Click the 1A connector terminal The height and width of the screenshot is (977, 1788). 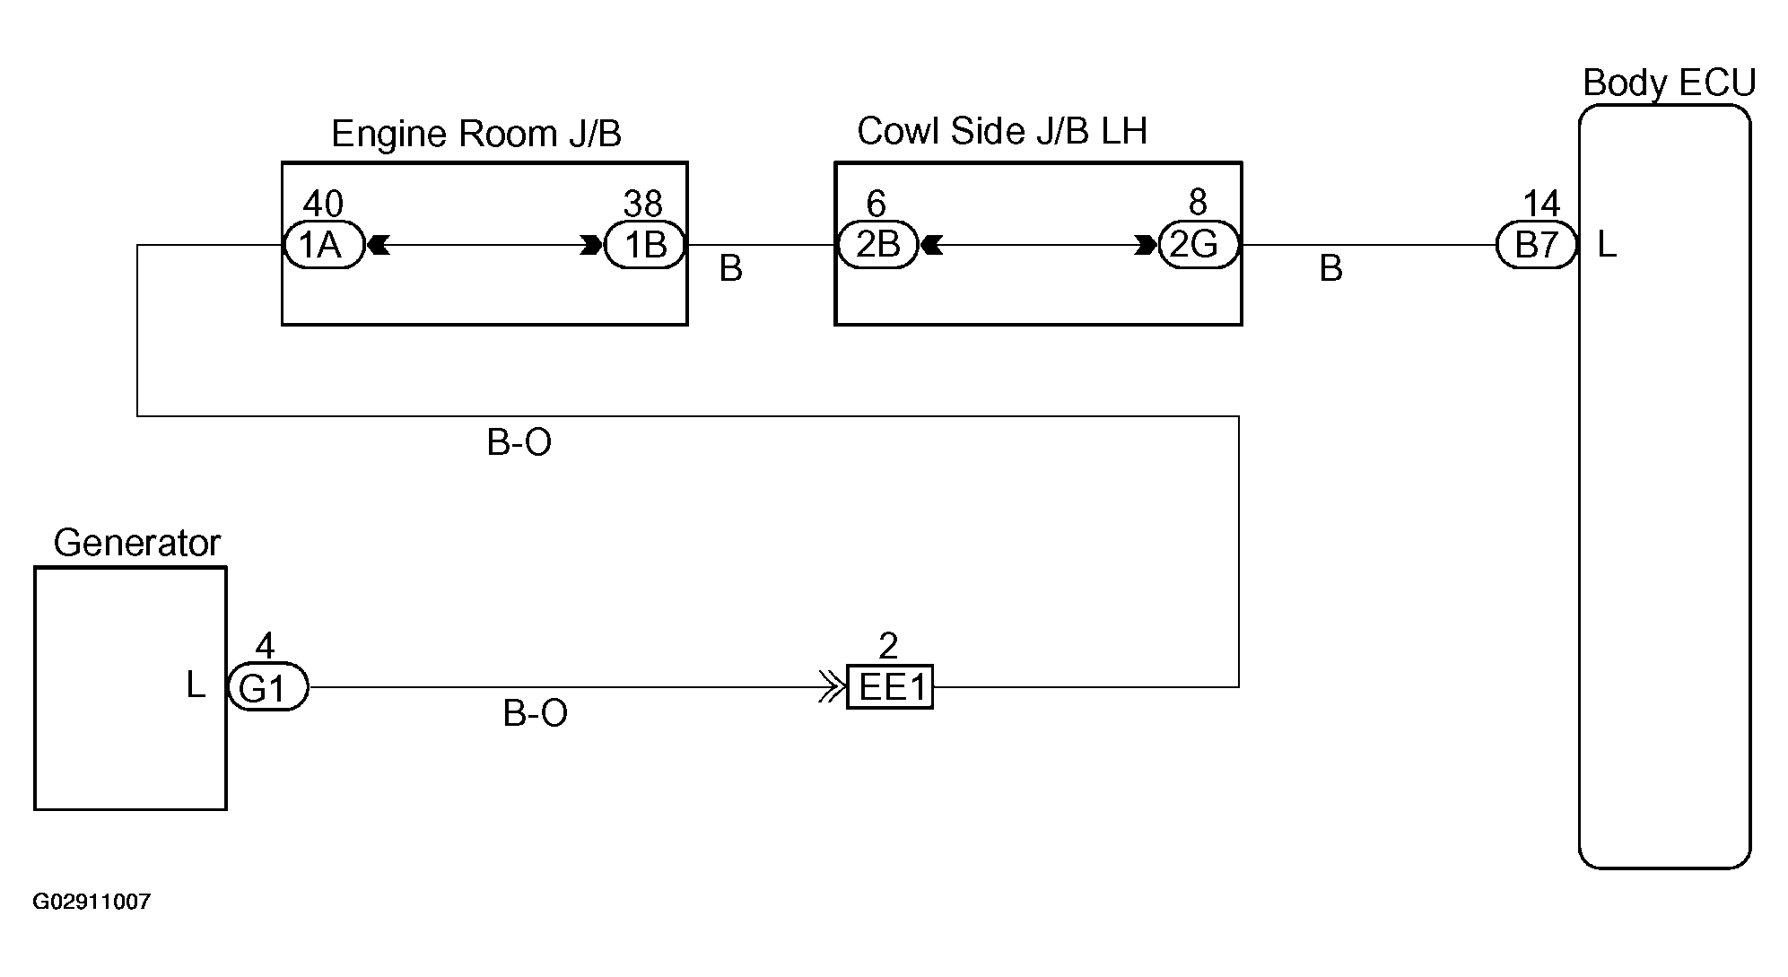click(x=324, y=245)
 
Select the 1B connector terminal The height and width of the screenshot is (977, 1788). click(x=645, y=245)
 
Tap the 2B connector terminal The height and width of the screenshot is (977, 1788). click(x=877, y=245)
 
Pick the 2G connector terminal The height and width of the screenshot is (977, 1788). click(x=1199, y=245)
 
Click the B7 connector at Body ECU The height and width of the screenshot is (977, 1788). click(x=1537, y=245)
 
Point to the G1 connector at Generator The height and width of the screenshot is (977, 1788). click(x=267, y=688)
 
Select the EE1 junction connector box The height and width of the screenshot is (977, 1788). click(x=890, y=688)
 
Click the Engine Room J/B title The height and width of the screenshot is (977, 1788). click(x=476, y=134)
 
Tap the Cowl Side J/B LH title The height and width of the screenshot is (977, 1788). click(x=1002, y=131)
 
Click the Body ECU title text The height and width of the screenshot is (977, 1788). click(x=1669, y=83)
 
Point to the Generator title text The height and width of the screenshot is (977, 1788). click(x=136, y=543)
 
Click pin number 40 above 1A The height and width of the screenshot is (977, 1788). click(x=323, y=204)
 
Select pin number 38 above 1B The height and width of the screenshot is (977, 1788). click(x=643, y=204)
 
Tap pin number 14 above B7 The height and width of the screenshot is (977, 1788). click(x=1541, y=204)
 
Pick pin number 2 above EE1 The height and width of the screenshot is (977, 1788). click(x=888, y=646)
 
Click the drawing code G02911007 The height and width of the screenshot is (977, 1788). click(x=92, y=902)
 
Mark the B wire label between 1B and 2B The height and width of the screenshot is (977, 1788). click(x=731, y=268)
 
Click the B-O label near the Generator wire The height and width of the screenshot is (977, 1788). click(x=536, y=713)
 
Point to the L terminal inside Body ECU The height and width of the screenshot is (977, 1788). click(x=1607, y=244)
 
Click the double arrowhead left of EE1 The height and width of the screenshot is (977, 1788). click(x=833, y=688)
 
